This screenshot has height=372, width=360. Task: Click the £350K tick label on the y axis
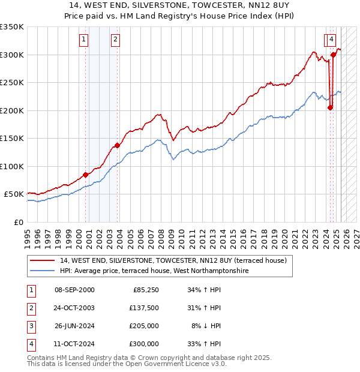[12, 27]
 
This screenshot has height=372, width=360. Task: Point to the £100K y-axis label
[12, 166]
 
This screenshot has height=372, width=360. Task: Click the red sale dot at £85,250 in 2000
[85, 175]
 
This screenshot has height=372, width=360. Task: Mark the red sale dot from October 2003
[118, 145]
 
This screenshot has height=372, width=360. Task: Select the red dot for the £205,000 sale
[330, 108]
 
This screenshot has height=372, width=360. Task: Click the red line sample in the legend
[43, 260]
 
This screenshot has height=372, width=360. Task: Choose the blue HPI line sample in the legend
[43, 271]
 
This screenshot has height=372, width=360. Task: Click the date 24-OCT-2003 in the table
[74, 308]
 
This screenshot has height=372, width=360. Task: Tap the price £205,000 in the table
[144, 326]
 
